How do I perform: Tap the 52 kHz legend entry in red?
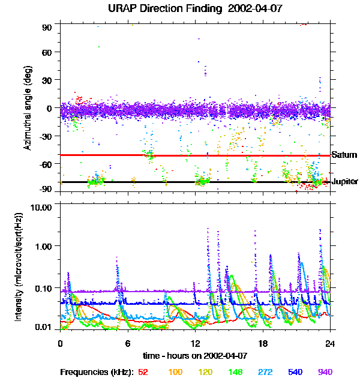[x=143, y=372]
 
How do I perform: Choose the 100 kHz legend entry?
[x=175, y=372]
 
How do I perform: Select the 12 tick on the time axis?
[x=195, y=343]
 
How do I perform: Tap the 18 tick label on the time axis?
[x=263, y=343]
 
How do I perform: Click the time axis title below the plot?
[x=195, y=356]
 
